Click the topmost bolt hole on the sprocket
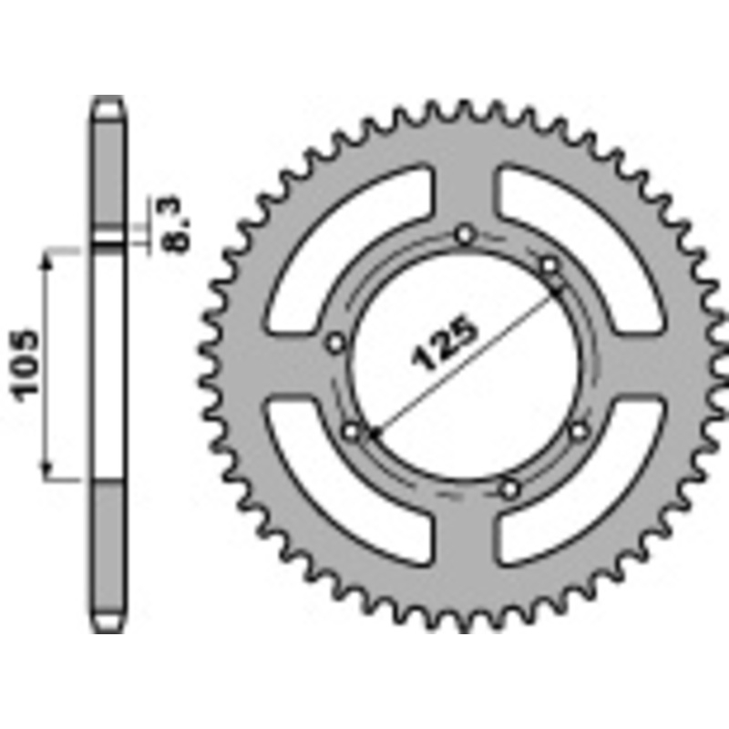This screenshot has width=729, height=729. [467, 236]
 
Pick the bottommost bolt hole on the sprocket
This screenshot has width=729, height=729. [509, 489]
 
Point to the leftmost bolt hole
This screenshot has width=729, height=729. [335, 344]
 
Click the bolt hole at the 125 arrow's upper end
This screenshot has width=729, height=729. [549, 265]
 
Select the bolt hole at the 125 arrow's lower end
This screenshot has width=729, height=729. [352, 429]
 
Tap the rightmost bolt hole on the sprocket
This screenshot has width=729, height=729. [579, 428]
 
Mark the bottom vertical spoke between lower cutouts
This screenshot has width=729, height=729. [466, 556]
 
